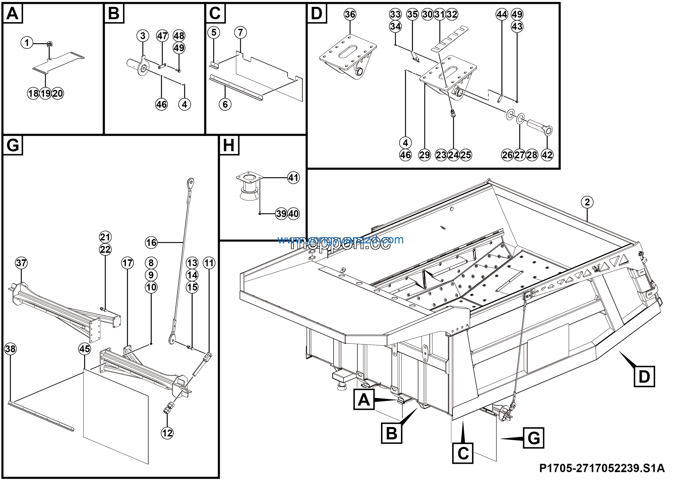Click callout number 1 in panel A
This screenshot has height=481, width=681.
(27, 43)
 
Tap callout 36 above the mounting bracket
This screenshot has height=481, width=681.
(350, 14)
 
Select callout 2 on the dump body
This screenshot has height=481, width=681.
(587, 202)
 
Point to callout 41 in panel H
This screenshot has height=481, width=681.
(294, 178)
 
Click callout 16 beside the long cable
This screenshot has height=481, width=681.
(151, 243)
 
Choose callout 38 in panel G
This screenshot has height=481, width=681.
(10, 349)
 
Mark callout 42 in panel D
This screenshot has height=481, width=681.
(547, 155)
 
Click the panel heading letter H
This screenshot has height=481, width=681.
(229, 145)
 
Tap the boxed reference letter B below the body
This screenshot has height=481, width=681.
(392, 433)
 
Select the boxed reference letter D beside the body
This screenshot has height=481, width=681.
(644, 377)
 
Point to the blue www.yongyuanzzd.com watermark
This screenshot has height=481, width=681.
(340, 240)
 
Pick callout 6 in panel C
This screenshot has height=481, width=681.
(225, 104)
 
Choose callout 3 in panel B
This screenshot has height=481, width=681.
(143, 36)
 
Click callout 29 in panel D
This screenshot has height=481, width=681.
(425, 155)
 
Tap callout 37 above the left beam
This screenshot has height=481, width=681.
(21, 263)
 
